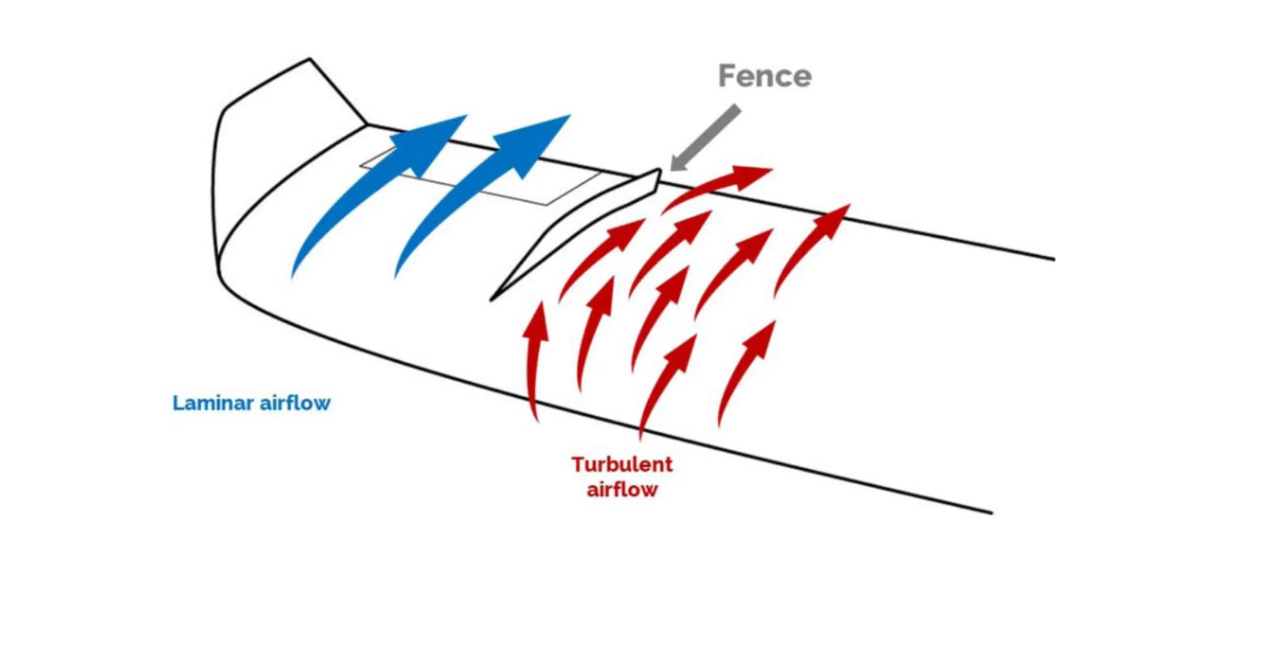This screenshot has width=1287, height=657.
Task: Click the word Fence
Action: (764, 76)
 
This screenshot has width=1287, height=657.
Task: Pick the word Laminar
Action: (213, 403)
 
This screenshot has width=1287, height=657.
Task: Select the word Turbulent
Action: (622, 464)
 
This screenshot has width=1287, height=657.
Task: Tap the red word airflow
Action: (622, 490)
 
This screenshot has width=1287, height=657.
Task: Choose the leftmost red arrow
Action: (534, 356)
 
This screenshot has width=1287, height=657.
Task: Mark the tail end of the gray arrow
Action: (736, 109)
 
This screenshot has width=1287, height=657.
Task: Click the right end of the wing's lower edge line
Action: (991, 511)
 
